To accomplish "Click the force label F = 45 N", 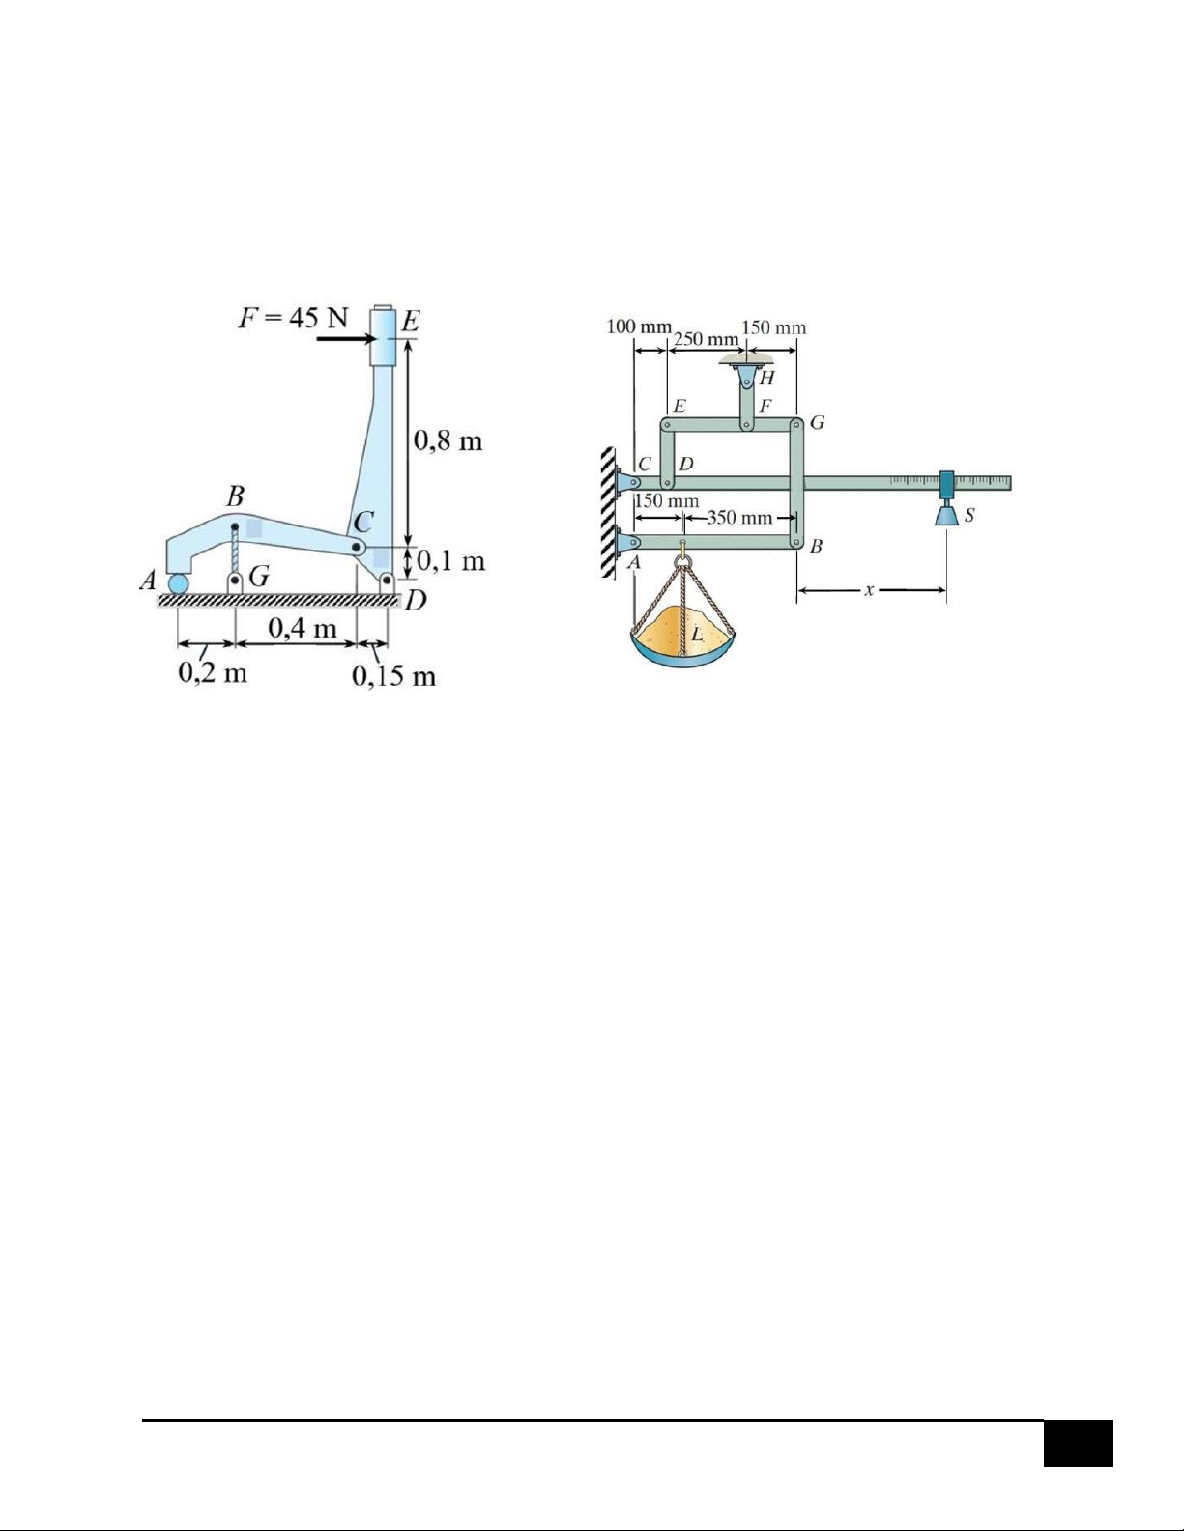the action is [x=293, y=319].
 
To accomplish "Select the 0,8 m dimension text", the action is [x=448, y=441].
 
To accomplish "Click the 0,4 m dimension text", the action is [x=303, y=627].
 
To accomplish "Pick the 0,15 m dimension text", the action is [x=394, y=676].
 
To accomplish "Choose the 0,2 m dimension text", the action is [x=213, y=673].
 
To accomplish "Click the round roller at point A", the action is [x=178, y=584].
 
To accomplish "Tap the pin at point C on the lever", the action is [x=357, y=547].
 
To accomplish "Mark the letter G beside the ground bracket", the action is [x=259, y=577].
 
